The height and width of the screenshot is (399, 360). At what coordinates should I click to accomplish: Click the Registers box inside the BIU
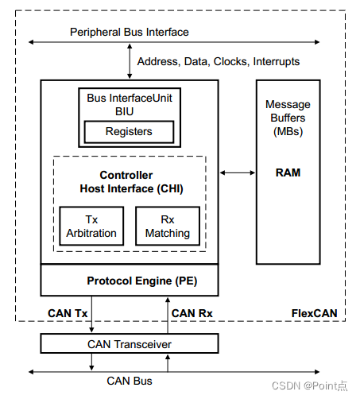(x=130, y=131)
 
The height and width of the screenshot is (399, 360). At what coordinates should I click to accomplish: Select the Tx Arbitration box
(x=91, y=226)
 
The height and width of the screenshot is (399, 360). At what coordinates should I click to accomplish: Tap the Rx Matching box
(x=167, y=226)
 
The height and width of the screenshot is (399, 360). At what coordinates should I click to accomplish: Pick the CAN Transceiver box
(x=129, y=343)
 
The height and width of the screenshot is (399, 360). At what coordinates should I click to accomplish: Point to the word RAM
(x=288, y=171)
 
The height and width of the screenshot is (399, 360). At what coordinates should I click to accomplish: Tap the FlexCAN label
(x=314, y=312)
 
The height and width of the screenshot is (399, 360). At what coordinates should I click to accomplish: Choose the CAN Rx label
(x=193, y=312)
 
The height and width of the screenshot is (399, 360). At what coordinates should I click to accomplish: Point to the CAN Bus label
(x=129, y=381)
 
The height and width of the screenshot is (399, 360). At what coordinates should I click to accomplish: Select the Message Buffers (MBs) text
(x=288, y=118)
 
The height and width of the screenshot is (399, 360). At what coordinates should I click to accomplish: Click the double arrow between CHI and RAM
(x=237, y=172)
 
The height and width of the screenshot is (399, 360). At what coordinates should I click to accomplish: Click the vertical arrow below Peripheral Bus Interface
(x=130, y=62)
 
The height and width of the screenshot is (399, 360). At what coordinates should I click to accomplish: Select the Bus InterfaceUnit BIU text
(x=130, y=103)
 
